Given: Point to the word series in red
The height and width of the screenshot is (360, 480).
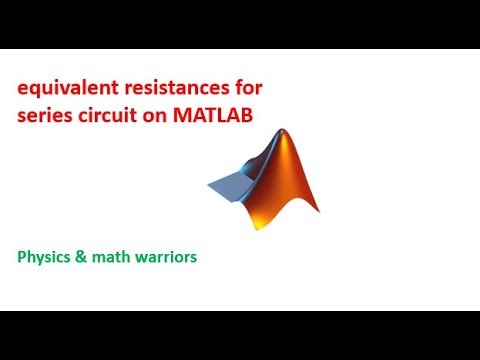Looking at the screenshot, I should click(43, 115).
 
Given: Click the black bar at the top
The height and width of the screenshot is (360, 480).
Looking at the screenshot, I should click(240, 22).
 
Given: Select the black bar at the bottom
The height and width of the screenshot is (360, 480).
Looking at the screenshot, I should click(240, 336).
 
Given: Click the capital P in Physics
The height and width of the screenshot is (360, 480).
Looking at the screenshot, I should click(22, 257).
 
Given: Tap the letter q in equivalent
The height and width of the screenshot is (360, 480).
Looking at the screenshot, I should click(36, 91).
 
